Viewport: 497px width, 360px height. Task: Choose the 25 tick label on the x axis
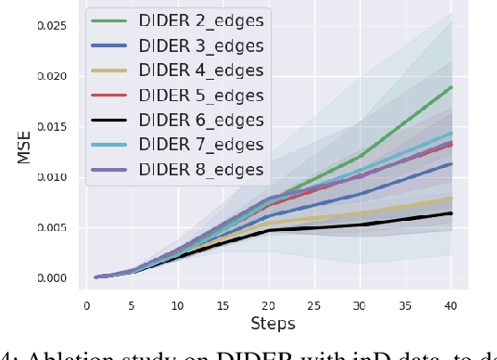pyautogui.click(x=316, y=303)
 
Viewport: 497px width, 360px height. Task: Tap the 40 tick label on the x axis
pyautogui.click(x=452, y=303)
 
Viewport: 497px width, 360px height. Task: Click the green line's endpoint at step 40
pyautogui.click(x=452, y=87)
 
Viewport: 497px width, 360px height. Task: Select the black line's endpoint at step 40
pyautogui.click(x=452, y=213)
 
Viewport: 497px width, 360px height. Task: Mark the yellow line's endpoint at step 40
pyautogui.click(x=452, y=199)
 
